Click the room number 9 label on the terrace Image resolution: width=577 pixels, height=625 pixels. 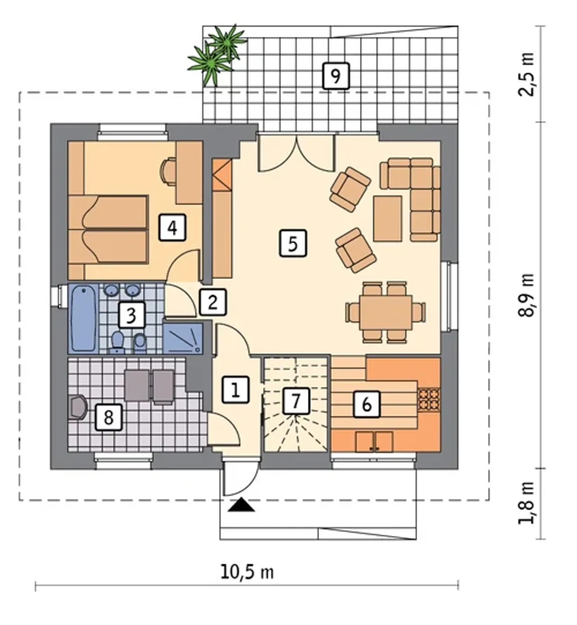tap(336, 76)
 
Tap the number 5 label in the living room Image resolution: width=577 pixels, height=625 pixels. tap(293, 243)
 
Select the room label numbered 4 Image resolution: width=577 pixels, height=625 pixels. tap(172, 227)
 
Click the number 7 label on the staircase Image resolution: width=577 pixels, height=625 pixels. tap(296, 401)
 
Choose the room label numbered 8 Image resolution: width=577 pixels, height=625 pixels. tap(109, 417)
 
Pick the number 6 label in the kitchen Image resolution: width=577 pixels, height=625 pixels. tap(366, 404)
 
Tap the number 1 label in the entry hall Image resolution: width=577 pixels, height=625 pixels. tap(235, 389)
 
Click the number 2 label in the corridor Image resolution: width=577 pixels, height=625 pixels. tap(213, 302)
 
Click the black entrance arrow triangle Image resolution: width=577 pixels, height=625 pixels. tap(241, 505)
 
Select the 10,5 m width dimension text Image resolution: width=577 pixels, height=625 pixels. tap(247, 571)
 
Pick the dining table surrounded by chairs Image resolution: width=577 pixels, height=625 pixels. tap(386, 312)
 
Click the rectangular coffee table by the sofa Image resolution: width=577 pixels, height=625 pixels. tap(388, 219)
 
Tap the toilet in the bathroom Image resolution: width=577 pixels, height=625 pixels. tap(118, 342)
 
